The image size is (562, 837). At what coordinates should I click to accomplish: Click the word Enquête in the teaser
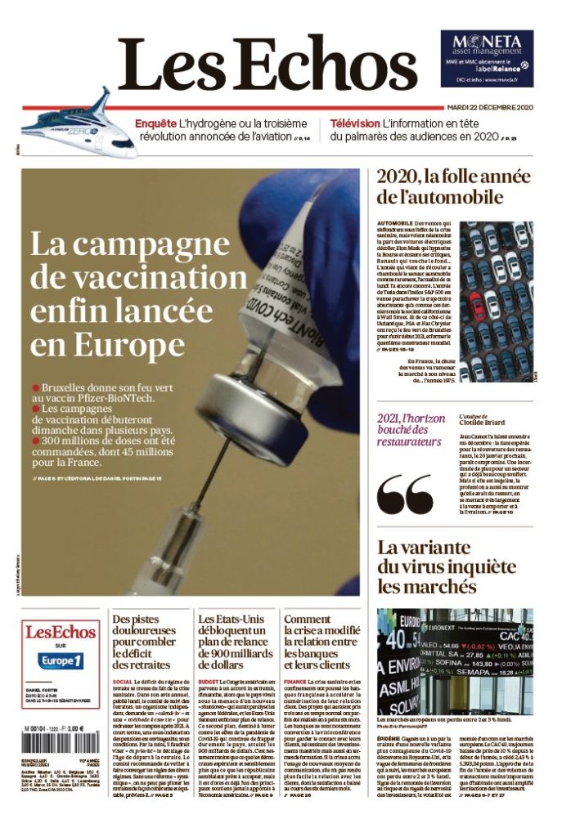(155, 123)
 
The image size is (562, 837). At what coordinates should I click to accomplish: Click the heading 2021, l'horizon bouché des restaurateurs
(409, 430)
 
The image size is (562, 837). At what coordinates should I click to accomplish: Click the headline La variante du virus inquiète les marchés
(438, 566)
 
